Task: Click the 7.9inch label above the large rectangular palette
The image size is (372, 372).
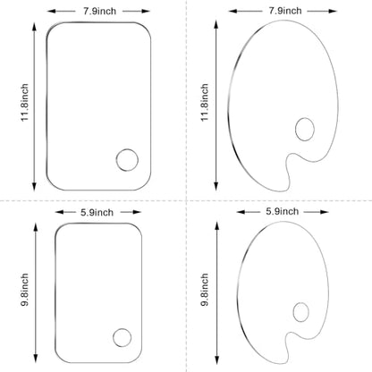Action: pos(99,12)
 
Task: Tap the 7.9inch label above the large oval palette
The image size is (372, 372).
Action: pos(285,11)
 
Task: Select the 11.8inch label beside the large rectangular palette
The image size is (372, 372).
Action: pos(25,102)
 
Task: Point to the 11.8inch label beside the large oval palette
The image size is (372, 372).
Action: pos(205,102)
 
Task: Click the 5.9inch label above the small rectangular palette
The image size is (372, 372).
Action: pos(97,213)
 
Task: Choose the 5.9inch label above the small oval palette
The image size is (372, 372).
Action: pos(283,211)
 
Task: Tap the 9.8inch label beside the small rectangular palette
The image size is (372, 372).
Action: pos(25,290)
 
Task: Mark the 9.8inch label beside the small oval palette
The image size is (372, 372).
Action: pos(205,290)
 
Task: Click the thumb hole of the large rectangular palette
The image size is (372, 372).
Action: pos(127,149)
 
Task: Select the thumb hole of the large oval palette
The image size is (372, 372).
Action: pos(305,118)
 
